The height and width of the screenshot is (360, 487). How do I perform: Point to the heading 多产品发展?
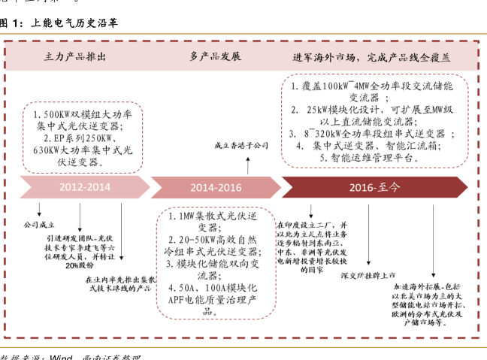click(x=215, y=57)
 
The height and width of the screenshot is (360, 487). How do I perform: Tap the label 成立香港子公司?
click(x=242, y=144)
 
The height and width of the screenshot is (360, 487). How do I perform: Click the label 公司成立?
click(x=40, y=224)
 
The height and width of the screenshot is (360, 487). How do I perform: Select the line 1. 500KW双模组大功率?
click(x=82, y=114)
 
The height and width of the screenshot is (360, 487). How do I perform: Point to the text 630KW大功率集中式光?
click(x=82, y=150)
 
